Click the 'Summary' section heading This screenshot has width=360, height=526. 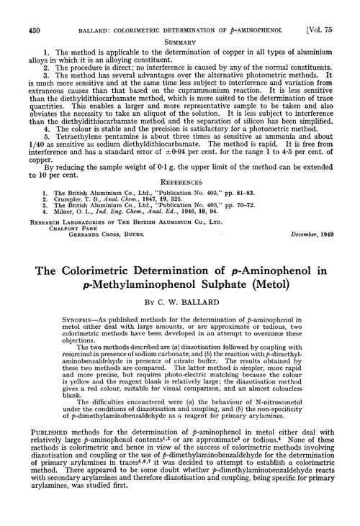coord(181,42)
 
